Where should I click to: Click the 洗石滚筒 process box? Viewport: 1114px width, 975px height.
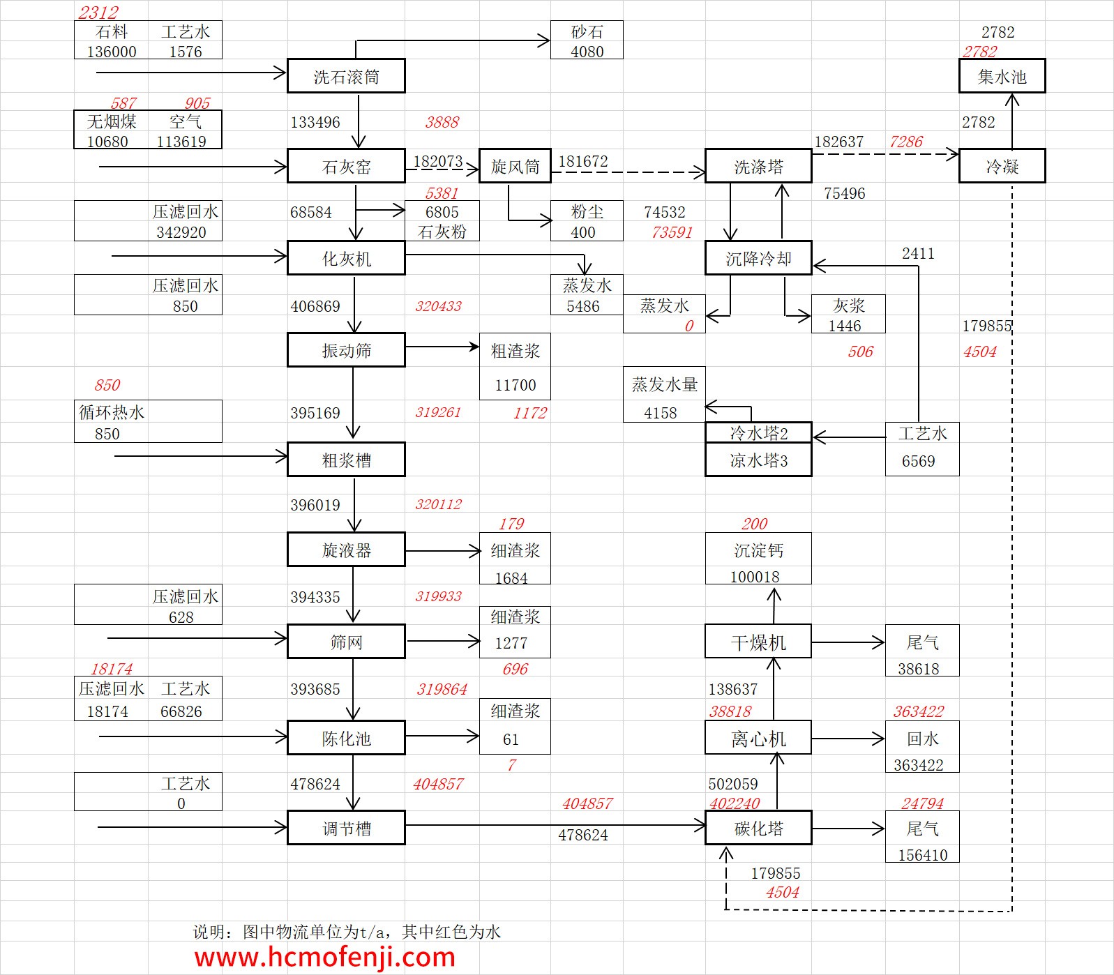[x=346, y=77]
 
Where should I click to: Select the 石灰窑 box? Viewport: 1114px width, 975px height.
[x=346, y=167]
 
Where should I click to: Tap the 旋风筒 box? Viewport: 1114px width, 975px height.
[x=515, y=166]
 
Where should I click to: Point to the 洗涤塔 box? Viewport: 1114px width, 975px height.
[x=758, y=167]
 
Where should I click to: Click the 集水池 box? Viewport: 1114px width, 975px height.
[x=1002, y=77]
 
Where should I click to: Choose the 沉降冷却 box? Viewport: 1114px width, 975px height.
[x=758, y=259]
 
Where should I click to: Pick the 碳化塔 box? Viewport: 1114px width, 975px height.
[x=758, y=828]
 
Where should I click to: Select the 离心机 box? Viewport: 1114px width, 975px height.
[x=758, y=738]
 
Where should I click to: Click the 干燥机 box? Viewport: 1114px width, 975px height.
[x=758, y=642]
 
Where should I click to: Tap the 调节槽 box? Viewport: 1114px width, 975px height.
[x=346, y=828]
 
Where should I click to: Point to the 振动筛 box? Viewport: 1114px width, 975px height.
[x=346, y=350]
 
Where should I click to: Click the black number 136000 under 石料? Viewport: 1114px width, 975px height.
[x=112, y=52]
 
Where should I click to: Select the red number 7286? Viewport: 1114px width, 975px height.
[x=905, y=142]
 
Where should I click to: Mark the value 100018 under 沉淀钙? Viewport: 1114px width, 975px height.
[x=755, y=577]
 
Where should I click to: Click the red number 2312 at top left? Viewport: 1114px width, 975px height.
[x=98, y=13]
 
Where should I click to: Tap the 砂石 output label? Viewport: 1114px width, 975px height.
[x=587, y=32]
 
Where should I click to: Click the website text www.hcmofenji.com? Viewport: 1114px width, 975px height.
[x=324, y=957]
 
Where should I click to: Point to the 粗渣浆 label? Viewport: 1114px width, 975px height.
[x=515, y=351]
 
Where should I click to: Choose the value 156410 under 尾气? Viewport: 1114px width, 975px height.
[x=922, y=855]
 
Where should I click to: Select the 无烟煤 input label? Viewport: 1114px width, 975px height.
[x=112, y=121]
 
